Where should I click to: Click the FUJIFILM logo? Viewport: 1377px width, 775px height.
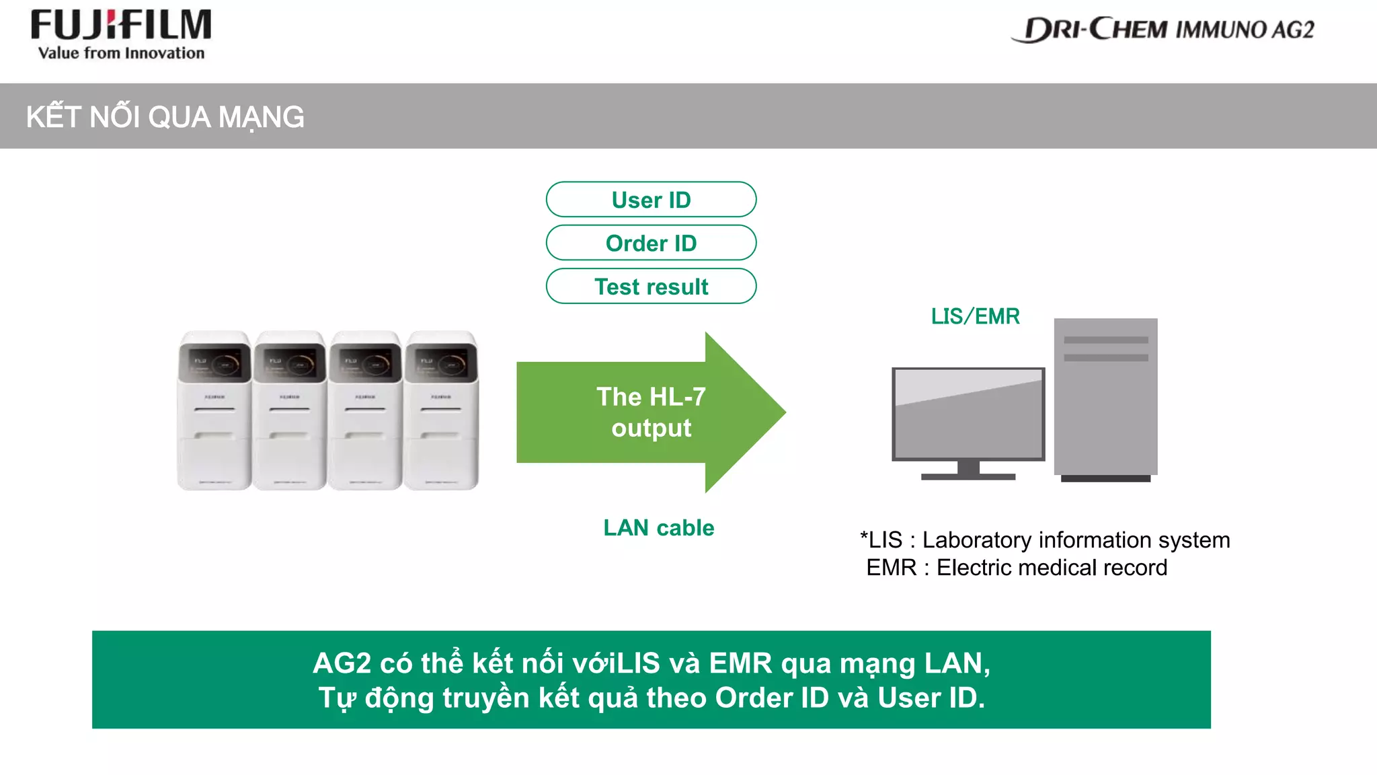121,26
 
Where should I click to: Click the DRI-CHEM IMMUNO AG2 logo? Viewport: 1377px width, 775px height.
1163,30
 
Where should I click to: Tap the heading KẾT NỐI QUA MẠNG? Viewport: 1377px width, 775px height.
165,117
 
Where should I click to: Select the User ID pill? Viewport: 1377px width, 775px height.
651,200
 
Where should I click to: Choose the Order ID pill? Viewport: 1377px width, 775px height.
651,243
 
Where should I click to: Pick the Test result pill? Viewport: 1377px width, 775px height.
651,287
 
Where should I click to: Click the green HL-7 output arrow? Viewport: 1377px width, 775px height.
651,412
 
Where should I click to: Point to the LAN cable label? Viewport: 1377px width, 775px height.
658,527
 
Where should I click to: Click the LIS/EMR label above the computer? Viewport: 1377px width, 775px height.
975,316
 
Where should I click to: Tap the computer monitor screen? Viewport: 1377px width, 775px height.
968,414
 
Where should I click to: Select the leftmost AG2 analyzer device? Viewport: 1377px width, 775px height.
214,410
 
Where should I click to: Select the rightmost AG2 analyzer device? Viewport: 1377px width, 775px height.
441,410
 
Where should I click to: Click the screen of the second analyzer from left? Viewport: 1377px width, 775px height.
290,364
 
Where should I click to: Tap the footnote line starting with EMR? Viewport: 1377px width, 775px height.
1016,568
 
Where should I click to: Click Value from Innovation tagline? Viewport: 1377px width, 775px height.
121,53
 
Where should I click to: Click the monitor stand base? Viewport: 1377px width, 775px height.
968,476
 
